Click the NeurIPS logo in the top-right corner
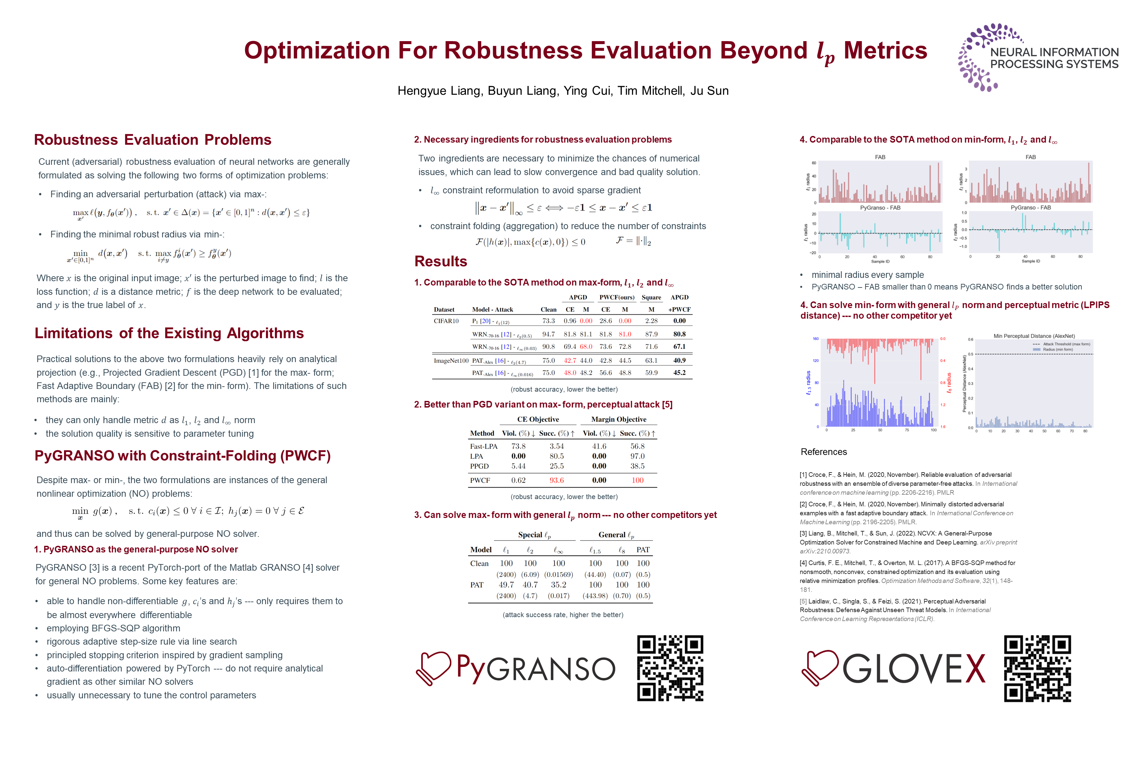pyautogui.click(x=1038, y=57)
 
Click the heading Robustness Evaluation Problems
pyautogui.click(x=153, y=140)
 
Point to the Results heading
pyautogui.click(x=440, y=262)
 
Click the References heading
pyautogui.click(x=823, y=452)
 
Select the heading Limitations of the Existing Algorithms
pyautogui.click(x=169, y=333)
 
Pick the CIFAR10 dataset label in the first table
pyautogui.click(x=446, y=321)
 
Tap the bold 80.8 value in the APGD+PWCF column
pyautogui.click(x=679, y=334)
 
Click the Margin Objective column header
pyautogui.click(x=618, y=419)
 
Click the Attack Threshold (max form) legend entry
pyautogui.click(x=1062, y=344)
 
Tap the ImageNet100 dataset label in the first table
pyautogui.click(x=451, y=360)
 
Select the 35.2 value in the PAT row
pyautogui.click(x=558, y=585)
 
